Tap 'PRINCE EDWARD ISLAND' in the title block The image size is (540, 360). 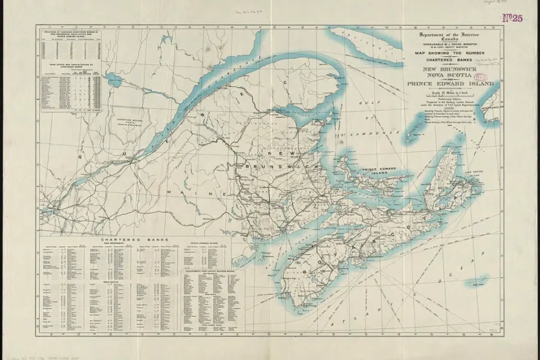coord(450,84)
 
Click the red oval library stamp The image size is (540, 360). coord(481,77)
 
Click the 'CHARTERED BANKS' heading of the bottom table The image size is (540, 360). coord(134,239)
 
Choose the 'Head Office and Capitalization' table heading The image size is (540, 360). coord(70,65)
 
